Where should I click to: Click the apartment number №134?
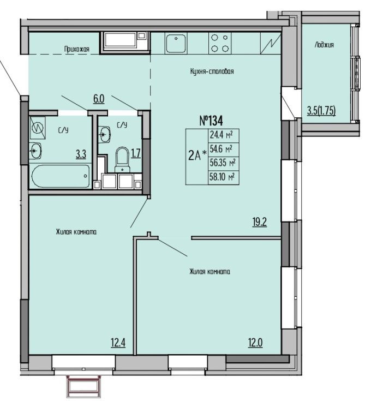point(211,121)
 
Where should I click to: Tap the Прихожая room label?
point(77,49)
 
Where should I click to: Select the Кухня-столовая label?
point(212,71)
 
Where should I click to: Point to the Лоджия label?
point(324,45)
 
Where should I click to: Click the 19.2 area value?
point(260,222)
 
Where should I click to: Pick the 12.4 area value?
point(118,343)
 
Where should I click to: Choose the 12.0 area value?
point(255,343)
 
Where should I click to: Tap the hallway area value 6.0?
point(99,99)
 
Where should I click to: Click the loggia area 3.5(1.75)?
point(321,111)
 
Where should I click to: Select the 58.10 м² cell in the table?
point(223,176)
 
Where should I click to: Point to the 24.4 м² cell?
point(222,135)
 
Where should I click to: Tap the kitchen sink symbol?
point(176,43)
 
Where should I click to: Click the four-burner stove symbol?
point(220,43)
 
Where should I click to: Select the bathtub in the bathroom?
point(61,176)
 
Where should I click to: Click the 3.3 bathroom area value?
point(81,154)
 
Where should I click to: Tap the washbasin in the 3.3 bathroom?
point(35,151)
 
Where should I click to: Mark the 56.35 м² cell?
point(223,163)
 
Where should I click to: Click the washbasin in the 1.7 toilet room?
point(104,134)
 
